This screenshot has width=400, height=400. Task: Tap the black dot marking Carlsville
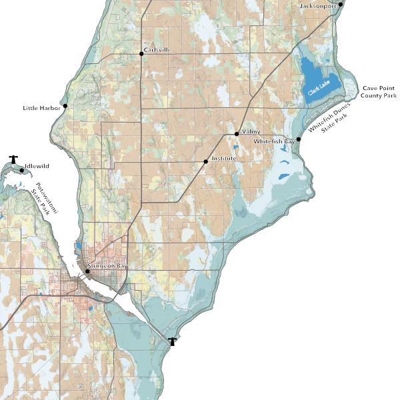(141, 53)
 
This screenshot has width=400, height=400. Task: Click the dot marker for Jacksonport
(341, 4)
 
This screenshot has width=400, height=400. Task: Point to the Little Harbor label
(42, 107)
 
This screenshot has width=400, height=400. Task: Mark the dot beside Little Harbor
(65, 106)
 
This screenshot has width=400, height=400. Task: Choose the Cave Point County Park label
(379, 92)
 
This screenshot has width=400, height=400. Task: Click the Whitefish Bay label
(274, 142)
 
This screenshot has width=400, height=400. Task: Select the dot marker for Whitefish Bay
(299, 139)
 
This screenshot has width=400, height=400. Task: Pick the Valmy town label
(251, 132)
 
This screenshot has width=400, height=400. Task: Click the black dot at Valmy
(237, 134)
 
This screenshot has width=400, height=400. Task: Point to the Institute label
(225, 159)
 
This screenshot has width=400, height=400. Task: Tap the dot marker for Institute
(205, 161)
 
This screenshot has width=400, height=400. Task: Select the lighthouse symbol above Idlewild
(13, 159)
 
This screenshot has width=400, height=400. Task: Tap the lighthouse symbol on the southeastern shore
(173, 341)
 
